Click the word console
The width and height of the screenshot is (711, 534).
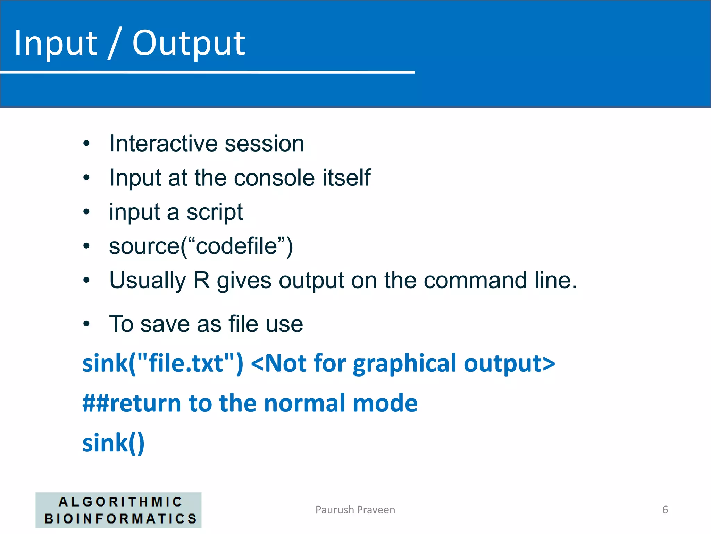[x=274, y=178]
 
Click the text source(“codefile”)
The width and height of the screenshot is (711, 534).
[x=201, y=246]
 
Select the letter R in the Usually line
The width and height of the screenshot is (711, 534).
[x=201, y=280]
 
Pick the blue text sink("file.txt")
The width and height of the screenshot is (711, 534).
[x=163, y=363]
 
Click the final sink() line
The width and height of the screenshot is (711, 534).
[x=113, y=443]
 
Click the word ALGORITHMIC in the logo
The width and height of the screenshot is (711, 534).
[x=120, y=502]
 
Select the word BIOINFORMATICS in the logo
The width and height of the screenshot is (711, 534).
[x=120, y=519]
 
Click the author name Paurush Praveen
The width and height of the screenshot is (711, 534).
[x=355, y=510]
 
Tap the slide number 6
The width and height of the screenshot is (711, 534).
[x=665, y=510]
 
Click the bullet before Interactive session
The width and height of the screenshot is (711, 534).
[x=86, y=143]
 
